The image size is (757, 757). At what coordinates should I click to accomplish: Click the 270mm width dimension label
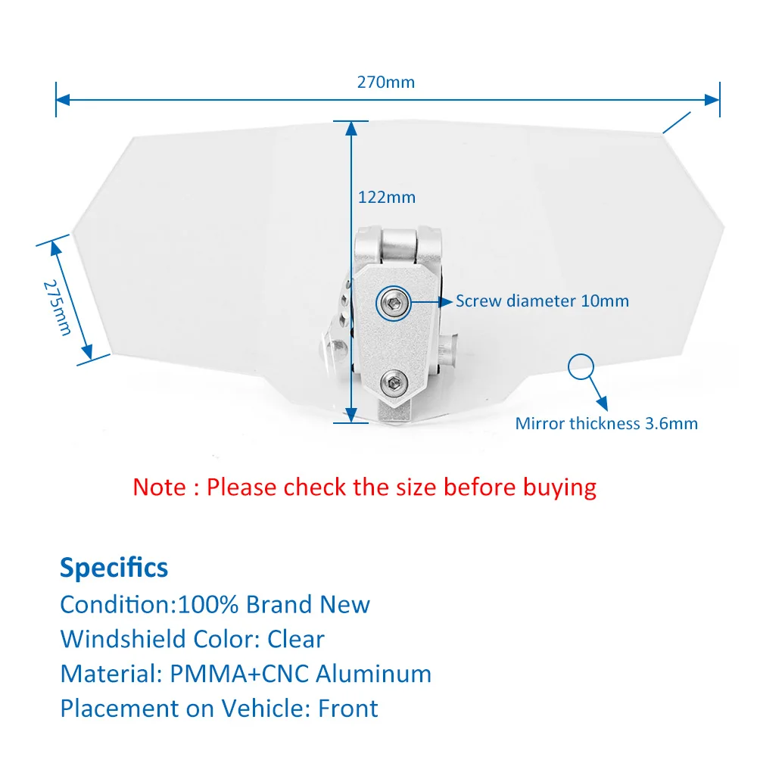386,82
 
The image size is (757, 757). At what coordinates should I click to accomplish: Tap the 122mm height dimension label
387,197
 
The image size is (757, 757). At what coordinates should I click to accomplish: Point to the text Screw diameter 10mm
542,301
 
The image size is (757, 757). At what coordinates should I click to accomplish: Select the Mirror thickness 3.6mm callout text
606,423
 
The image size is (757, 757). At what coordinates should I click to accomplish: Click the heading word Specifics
114,567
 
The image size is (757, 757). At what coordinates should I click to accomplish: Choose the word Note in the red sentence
160,486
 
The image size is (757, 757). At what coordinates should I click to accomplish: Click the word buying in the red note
559,486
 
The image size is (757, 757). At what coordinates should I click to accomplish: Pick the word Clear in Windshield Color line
296,639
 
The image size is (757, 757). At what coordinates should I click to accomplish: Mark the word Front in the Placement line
348,709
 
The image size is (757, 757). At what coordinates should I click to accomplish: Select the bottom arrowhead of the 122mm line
351,414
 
